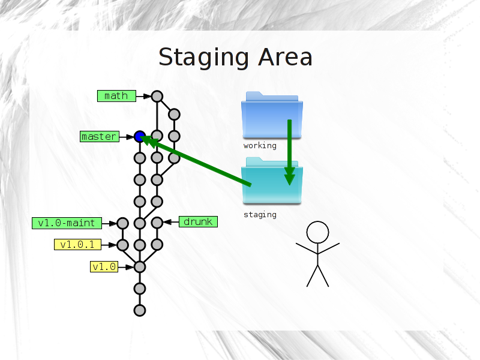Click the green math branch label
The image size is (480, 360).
pos(116,96)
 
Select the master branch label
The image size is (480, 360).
pos(100,136)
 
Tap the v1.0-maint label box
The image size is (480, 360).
pos(67,223)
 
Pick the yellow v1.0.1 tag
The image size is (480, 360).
pos(78,245)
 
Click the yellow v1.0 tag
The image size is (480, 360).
pos(104,266)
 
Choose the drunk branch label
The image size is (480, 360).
pos(198,221)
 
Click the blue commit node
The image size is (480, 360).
pos(140,137)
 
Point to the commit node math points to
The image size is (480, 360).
pos(157,97)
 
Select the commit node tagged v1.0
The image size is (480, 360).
pos(140,267)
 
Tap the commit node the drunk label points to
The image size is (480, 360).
pos(157,223)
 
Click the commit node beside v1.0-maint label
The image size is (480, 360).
pos(122,223)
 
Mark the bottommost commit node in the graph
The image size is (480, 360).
pos(140,310)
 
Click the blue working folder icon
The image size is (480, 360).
pos(272,115)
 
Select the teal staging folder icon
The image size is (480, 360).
pos(272,181)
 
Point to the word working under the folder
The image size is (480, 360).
pos(260,146)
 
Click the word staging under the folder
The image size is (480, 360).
pos(260,215)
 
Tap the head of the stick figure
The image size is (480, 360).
pos(318,232)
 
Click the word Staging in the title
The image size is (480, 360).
pos(203,58)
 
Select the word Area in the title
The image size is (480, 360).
pos(286,57)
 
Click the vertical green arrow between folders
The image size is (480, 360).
pos(290,152)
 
